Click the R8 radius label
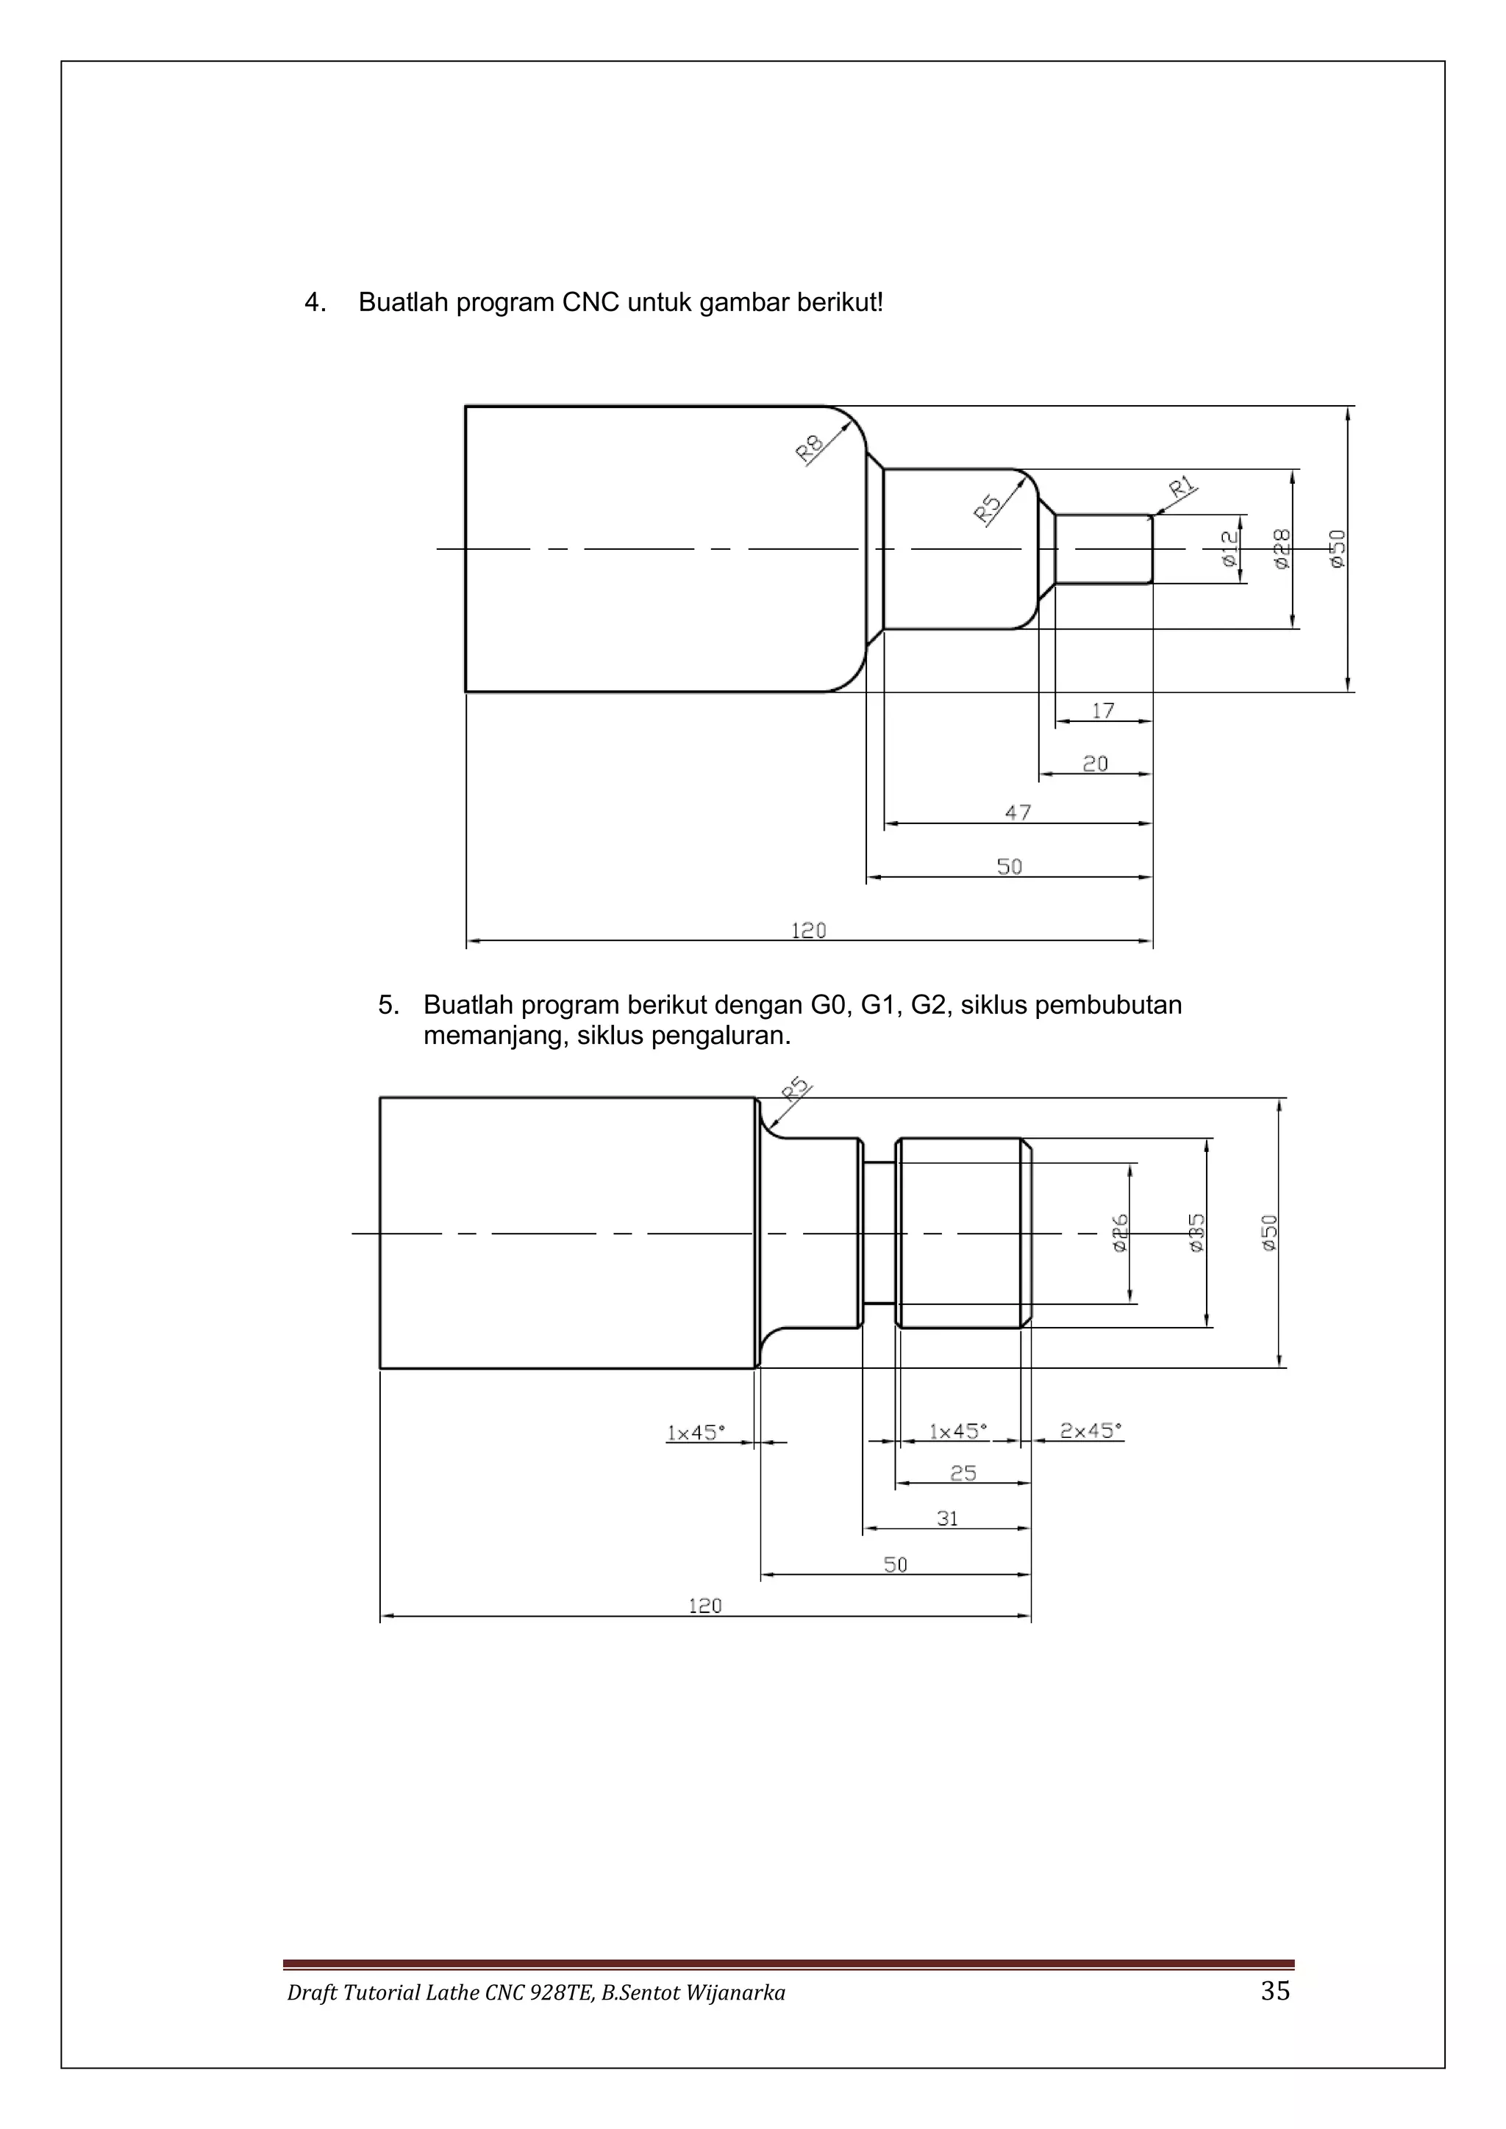[x=810, y=448]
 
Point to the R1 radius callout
[x=1182, y=487]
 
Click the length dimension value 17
[x=1102, y=711]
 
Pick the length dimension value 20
[x=1095, y=764]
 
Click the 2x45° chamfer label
[x=1091, y=1431]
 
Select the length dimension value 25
[x=963, y=1473]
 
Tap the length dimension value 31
[x=947, y=1519]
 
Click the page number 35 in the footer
[x=1275, y=1991]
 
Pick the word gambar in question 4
[x=743, y=302]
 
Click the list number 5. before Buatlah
[x=388, y=1005]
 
